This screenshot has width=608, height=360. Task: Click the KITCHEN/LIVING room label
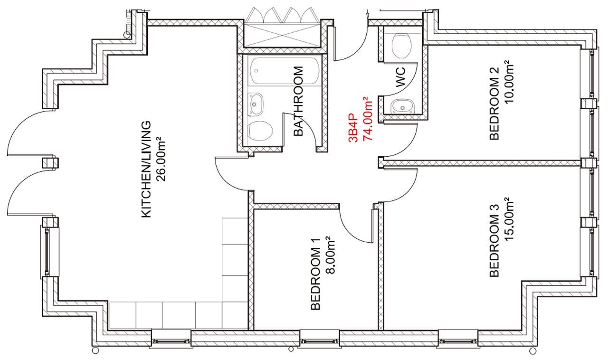pos(146,169)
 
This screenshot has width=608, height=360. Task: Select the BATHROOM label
pos(298,101)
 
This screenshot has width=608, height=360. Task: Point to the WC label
pos(400,77)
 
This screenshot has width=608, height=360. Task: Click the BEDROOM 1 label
pos(315,274)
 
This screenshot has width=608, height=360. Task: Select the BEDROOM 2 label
pos(494,104)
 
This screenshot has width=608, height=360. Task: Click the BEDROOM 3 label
pos(494,240)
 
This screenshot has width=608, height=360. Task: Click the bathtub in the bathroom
pos(285,71)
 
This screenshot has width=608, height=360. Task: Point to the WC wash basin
pos(403,106)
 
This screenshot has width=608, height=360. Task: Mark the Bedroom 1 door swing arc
pos(351,230)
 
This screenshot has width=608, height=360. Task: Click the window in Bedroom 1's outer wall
pos(320,340)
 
